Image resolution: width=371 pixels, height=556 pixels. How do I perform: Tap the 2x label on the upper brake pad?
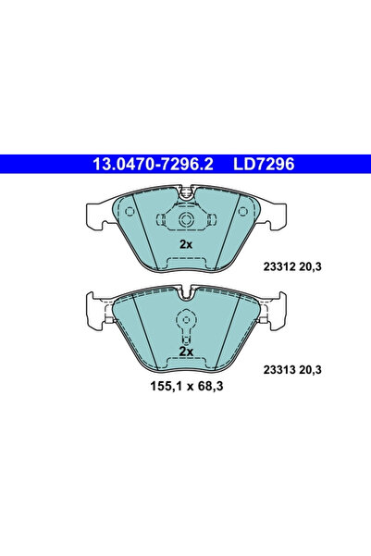tap(185, 244)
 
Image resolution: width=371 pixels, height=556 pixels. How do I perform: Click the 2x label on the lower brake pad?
tap(185, 352)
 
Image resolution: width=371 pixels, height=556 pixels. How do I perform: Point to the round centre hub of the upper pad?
tap(185, 221)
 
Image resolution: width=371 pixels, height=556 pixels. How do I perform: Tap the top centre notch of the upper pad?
tap(185, 193)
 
